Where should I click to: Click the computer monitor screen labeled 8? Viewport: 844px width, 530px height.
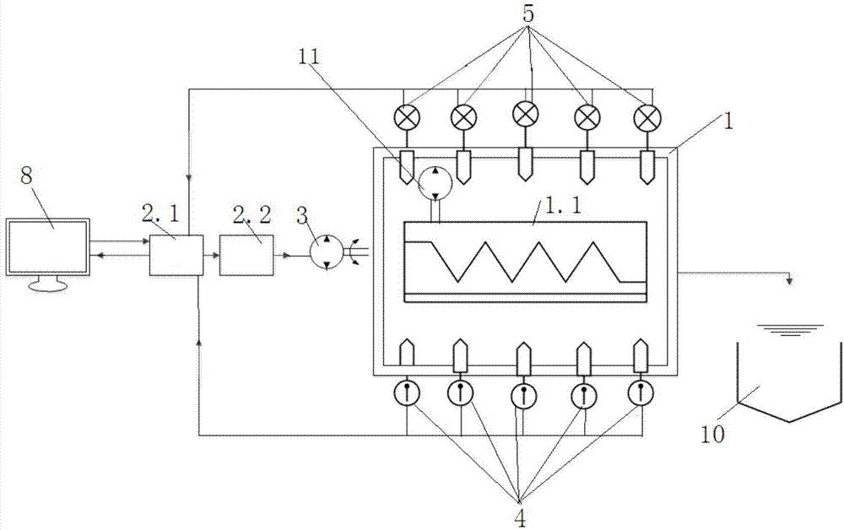point(48,246)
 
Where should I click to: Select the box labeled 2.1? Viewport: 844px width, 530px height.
point(176,255)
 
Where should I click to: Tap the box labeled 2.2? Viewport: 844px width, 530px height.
point(246,255)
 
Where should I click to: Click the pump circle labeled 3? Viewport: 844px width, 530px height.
point(327,251)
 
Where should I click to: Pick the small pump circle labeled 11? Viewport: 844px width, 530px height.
point(436,183)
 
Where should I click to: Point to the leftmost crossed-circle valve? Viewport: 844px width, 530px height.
point(407,116)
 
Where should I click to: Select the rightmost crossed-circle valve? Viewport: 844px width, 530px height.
point(646,116)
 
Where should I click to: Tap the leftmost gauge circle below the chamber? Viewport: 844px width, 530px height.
point(407,394)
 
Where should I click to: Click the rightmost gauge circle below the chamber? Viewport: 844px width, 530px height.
point(641,394)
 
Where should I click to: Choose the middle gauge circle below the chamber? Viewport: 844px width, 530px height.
point(524,397)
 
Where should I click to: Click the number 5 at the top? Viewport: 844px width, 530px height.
point(528,14)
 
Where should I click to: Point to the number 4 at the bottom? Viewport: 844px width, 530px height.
point(520,517)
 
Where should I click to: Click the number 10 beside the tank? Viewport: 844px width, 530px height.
point(713,433)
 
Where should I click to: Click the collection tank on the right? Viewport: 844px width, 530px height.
point(788,382)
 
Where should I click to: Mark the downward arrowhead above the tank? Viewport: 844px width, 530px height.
point(789,280)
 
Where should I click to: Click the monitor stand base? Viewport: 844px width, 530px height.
point(48,286)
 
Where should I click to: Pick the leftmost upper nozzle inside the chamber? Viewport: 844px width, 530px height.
point(407,166)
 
